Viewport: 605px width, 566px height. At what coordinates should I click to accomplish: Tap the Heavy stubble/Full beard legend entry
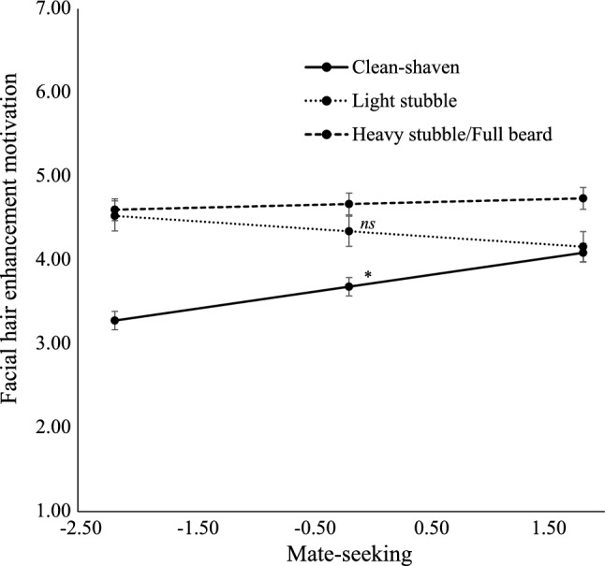pyautogui.click(x=451, y=135)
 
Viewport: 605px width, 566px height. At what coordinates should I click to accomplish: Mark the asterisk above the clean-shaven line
pyautogui.click(x=368, y=275)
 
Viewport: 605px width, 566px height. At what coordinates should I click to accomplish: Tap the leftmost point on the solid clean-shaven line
pyautogui.click(x=115, y=320)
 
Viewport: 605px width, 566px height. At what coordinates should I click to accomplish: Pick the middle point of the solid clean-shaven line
pyautogui.click(x=349, y=286)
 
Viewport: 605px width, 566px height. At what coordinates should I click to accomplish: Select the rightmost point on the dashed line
pyautogui.click(x=583, y=198)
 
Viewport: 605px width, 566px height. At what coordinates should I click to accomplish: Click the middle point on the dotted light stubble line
pyautogui.click(x=349, y=231)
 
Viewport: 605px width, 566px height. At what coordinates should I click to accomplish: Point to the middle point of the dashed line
pyautogui.click(x=349, y=204)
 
